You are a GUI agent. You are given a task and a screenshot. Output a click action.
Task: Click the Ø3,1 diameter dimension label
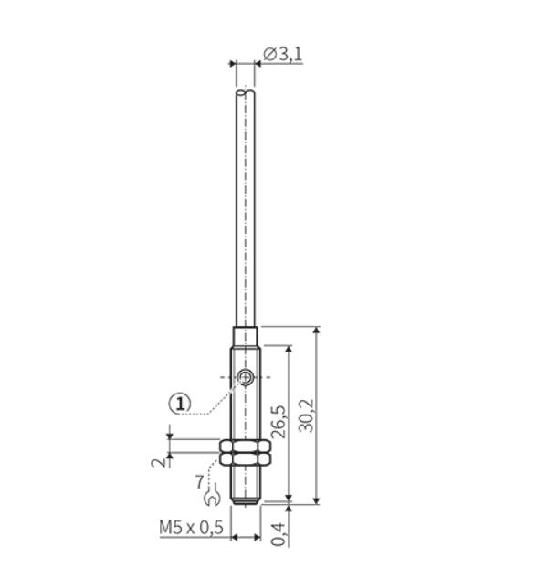tap(283, 55)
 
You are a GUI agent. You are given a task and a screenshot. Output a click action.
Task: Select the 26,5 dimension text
tap(279, 422)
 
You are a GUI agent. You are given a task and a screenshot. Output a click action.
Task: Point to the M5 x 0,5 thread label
tap(191, 528)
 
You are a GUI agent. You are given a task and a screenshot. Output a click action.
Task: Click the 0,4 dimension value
tap(279, 534)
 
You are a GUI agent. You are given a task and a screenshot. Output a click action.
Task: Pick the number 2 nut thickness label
tap(159, 462)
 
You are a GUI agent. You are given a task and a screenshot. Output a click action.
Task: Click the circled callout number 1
tap(180, 404)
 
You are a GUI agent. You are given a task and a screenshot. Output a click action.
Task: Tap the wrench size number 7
tap(199, 481)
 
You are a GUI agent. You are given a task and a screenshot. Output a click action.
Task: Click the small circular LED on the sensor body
tap(245, 377)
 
